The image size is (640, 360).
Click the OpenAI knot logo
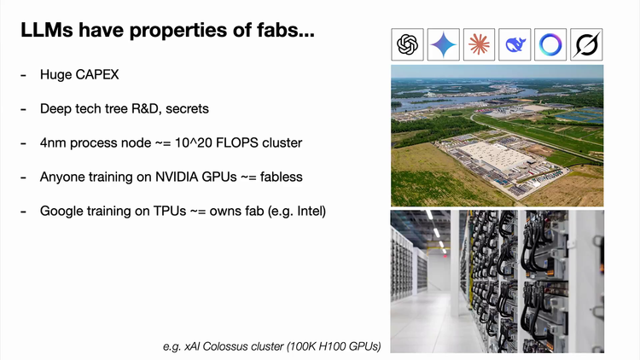pos(407,44)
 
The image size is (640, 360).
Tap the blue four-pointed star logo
pos(443,44)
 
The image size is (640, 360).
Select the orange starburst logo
pos(480,44)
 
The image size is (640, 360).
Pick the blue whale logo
pos(515,44)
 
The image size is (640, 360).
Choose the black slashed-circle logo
pos(586,44)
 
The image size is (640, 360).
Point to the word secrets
pos(187,109)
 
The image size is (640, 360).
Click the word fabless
pos(282,177)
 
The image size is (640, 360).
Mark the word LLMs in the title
pos(47,30)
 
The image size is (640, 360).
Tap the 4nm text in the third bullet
pos(53,142)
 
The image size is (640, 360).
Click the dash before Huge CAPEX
pos(23,76)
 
